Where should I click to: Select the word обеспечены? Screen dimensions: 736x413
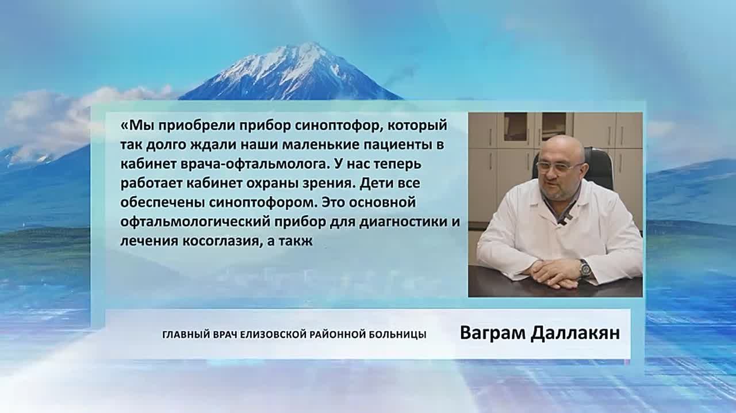[x=162, y=202]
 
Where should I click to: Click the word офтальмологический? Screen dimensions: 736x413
[x=194, y=222]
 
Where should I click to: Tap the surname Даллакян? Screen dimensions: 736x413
[x=575, y=333]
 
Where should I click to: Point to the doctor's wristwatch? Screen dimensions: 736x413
[x=584, y=267]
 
